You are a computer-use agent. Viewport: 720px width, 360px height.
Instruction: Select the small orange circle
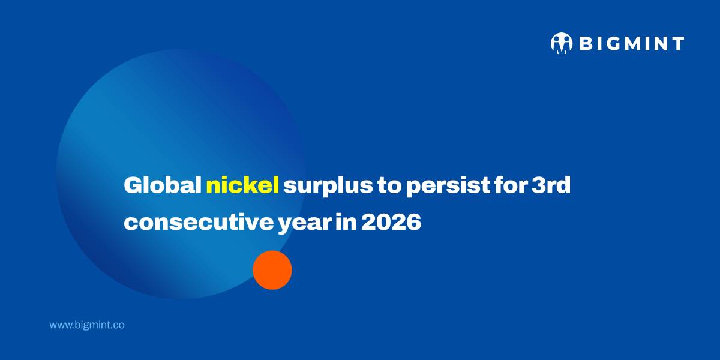tap(272, 270)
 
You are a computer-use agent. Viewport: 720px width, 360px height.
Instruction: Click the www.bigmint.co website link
tap(87, 325)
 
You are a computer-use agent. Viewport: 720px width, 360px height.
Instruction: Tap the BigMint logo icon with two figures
tap(562, 43)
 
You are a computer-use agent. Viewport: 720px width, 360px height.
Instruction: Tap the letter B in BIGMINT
tap(585, 44)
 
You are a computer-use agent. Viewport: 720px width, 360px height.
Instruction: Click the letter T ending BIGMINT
tap(677, 44)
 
